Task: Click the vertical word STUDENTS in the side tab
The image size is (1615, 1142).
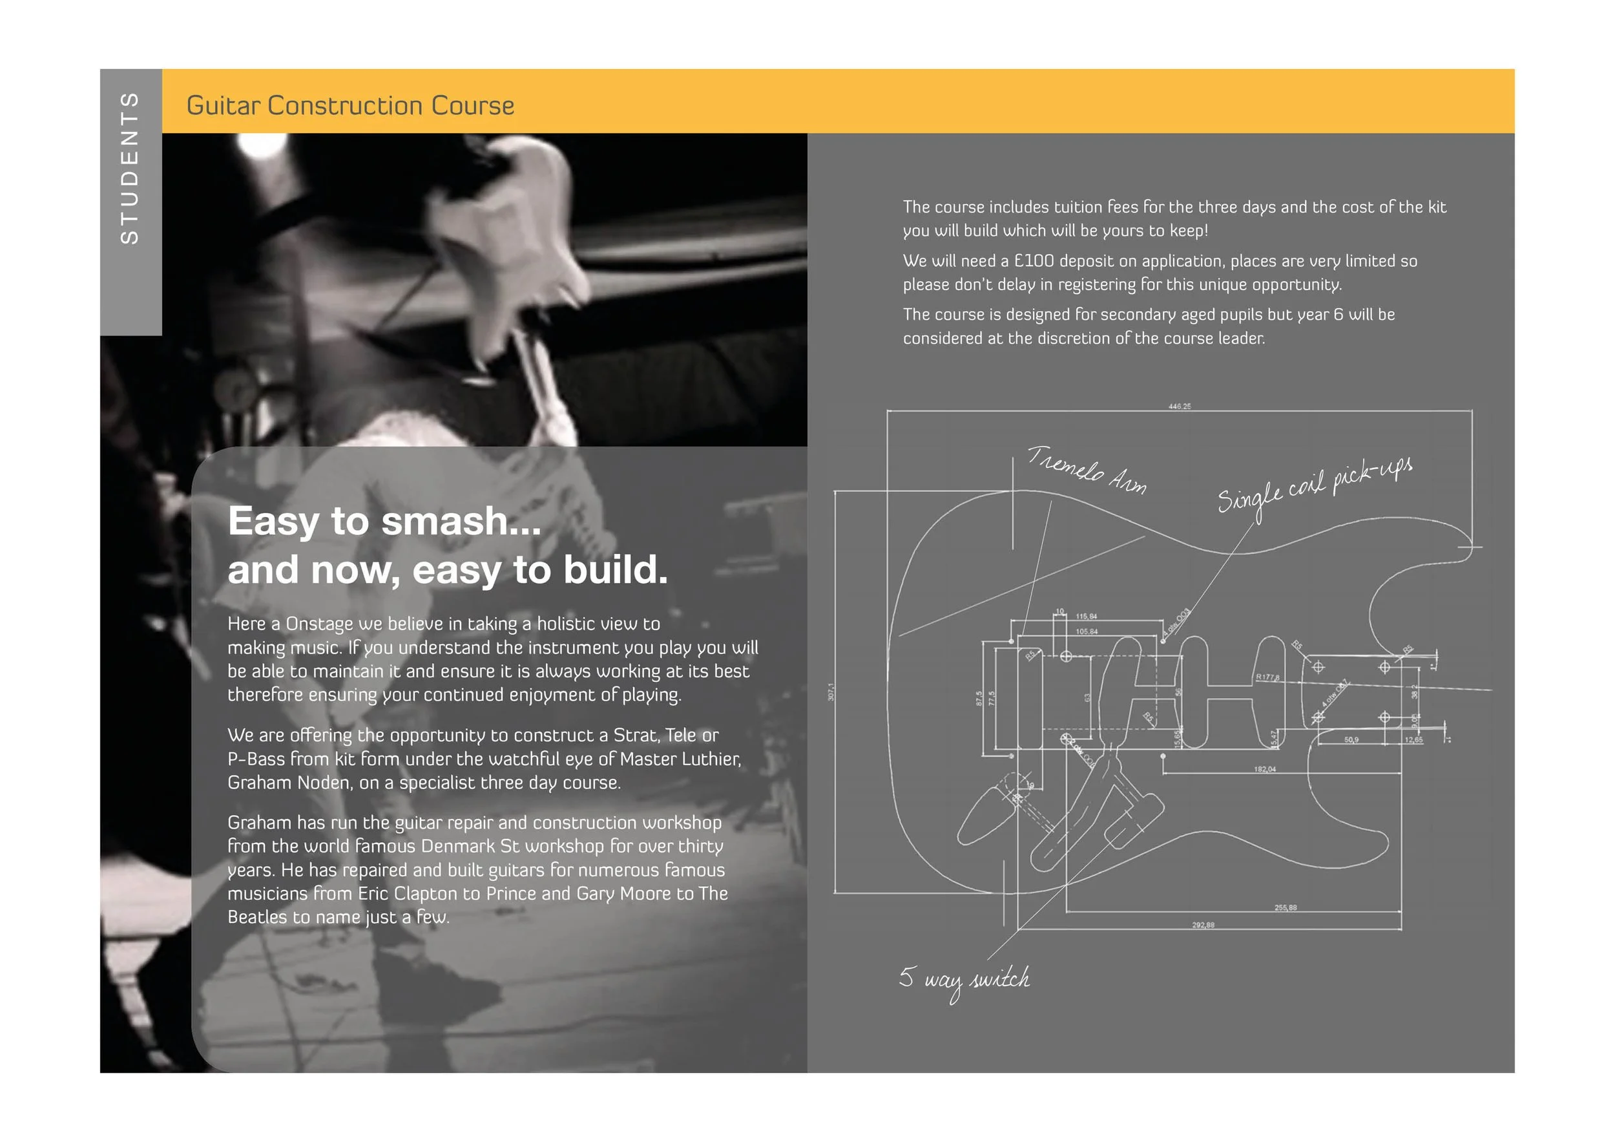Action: [x=130, y=169]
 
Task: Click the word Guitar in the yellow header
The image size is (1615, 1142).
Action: [x=223, y=105]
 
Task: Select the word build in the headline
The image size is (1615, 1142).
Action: [x=609, y=569]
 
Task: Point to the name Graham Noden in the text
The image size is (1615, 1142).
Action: [x=287, y=783]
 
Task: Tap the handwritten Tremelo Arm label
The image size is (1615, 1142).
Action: [x=1087, y=470]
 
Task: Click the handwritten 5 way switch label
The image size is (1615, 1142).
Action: [x=964, y=978]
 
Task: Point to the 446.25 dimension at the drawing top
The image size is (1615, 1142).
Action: [x=1180, y=407]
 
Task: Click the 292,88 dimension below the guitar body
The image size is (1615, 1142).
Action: [x=1203, y=925]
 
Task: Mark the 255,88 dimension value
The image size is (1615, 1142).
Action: [x=1285, y=907]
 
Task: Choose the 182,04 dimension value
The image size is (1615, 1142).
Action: [x=1264, y=769]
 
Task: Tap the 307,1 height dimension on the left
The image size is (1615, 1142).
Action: [x=831, y=692]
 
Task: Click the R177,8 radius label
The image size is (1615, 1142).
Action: [x=1267, y=677]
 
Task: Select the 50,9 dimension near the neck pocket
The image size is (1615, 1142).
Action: [x=1351, y=739]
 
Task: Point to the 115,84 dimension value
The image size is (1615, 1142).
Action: [x=1086, y=617]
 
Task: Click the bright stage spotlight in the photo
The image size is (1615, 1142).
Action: [x=261, y=144]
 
